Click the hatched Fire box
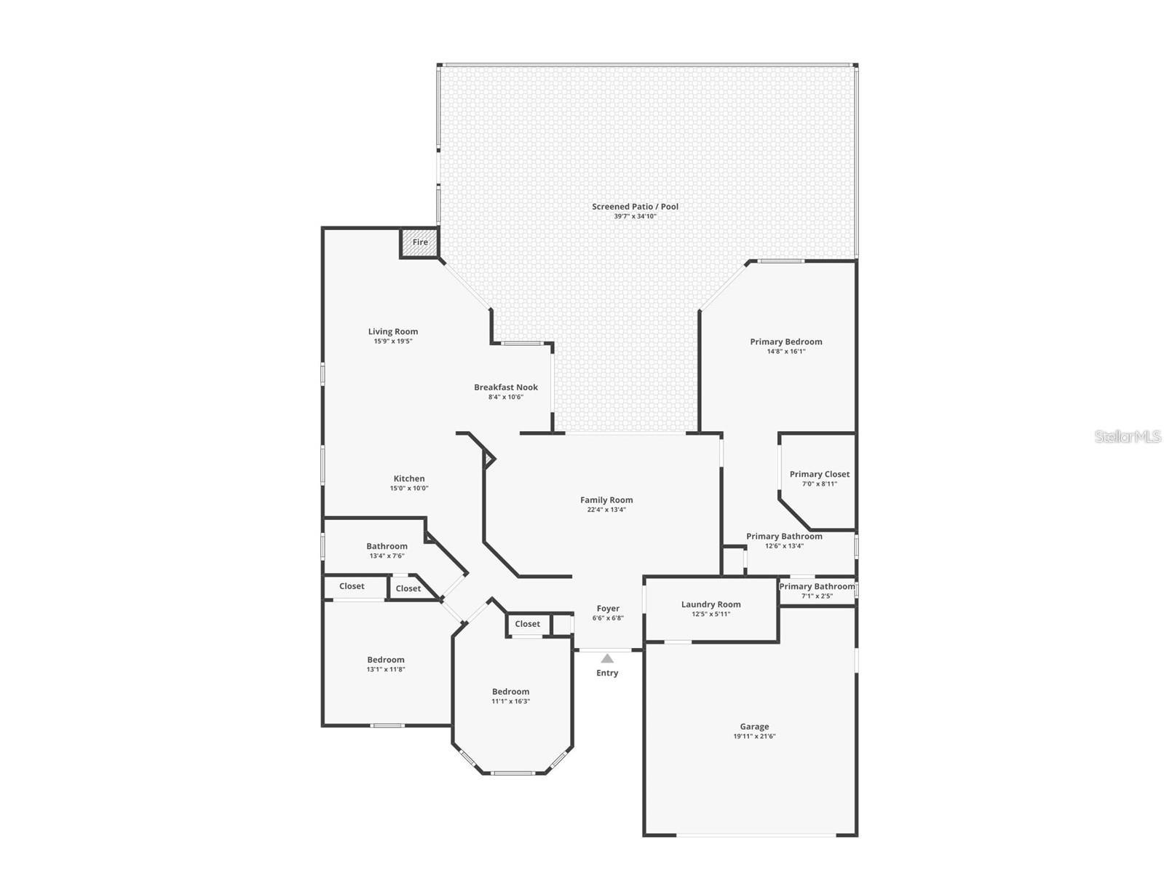click(420, 243)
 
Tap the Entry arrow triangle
click(607, 659)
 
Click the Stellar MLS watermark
click(1128, 437)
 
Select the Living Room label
click(393, 332)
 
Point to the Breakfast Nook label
click(506, 387)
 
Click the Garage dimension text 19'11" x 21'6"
click(754, 737)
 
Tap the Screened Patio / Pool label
click(635, 207)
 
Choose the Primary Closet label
click(820, 475)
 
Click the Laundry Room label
click(710, 604)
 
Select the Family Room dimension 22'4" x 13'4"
click(606, 510)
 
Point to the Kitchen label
click(409, 479)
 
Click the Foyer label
click(608, 609)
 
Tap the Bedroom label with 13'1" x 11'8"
click(386, 660)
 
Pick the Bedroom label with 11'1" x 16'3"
click(510, 692)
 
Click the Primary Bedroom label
click(786, 342)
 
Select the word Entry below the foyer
click(607, 673)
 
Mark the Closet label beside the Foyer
click(528, 624)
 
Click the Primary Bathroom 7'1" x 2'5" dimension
click(817, 596)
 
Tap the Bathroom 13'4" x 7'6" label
click(387, 547)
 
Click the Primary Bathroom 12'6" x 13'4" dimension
click(784, 546)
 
